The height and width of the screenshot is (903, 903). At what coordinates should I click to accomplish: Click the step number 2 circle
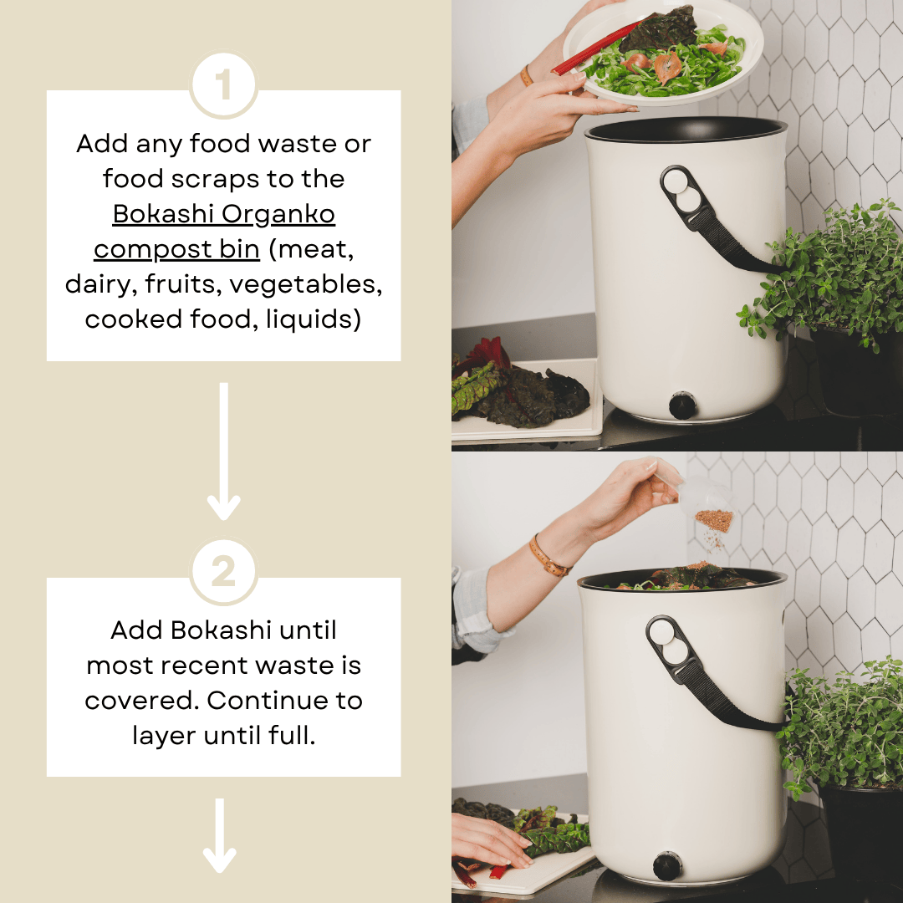pos(223,573)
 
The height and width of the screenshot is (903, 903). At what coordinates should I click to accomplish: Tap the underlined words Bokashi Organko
pos(223,214)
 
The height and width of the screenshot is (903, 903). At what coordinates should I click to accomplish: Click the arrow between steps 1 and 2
pos(223,451)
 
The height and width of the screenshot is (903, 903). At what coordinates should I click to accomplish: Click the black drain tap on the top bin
pos(682,406)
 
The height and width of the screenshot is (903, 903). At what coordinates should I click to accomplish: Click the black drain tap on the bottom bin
pos(667,865)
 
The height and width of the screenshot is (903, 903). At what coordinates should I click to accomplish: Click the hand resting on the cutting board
pos(489,840)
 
